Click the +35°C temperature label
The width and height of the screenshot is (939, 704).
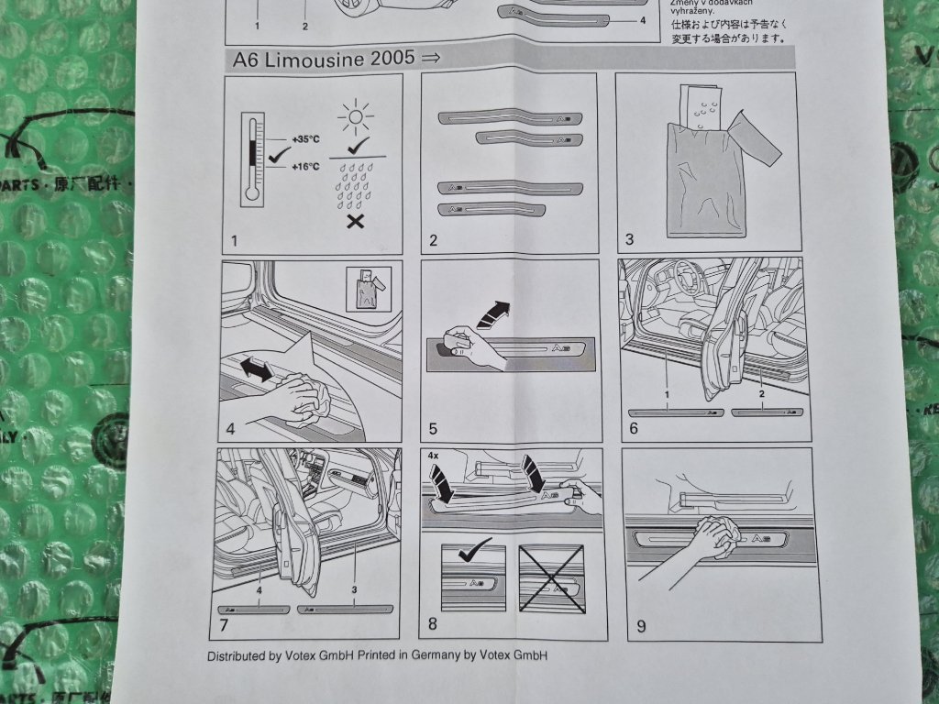pyautogui.click(x=305, y=140)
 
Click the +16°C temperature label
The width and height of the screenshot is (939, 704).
pyautogui.click(x=305, y=167)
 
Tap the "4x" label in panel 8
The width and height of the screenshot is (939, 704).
pyautogui.click(x=434, y=454)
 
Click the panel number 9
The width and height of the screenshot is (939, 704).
pyautogui.click(x=641, y=627)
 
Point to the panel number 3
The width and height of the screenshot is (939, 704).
pyautogui.click(x=629, y=242)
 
